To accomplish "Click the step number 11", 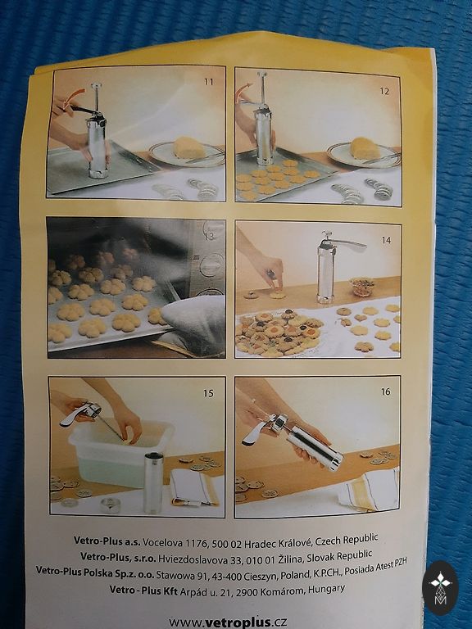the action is tap(208, 82).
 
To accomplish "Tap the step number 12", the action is tap(384, 91).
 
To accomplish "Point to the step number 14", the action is tap(386, 240).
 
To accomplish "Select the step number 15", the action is tap(208, 393).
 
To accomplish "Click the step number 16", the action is tap(385, 391).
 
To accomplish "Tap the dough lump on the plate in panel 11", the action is tap(188, 147).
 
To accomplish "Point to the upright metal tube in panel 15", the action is tap(153, 482).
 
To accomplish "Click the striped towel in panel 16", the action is tap(370, 490).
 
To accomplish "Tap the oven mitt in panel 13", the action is tap(192, 324).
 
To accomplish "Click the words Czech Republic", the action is tap(347, 540).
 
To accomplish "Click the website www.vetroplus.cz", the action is tap(228, 622).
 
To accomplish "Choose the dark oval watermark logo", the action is tap(440, 587).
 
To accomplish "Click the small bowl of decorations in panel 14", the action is tap(361, 286).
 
